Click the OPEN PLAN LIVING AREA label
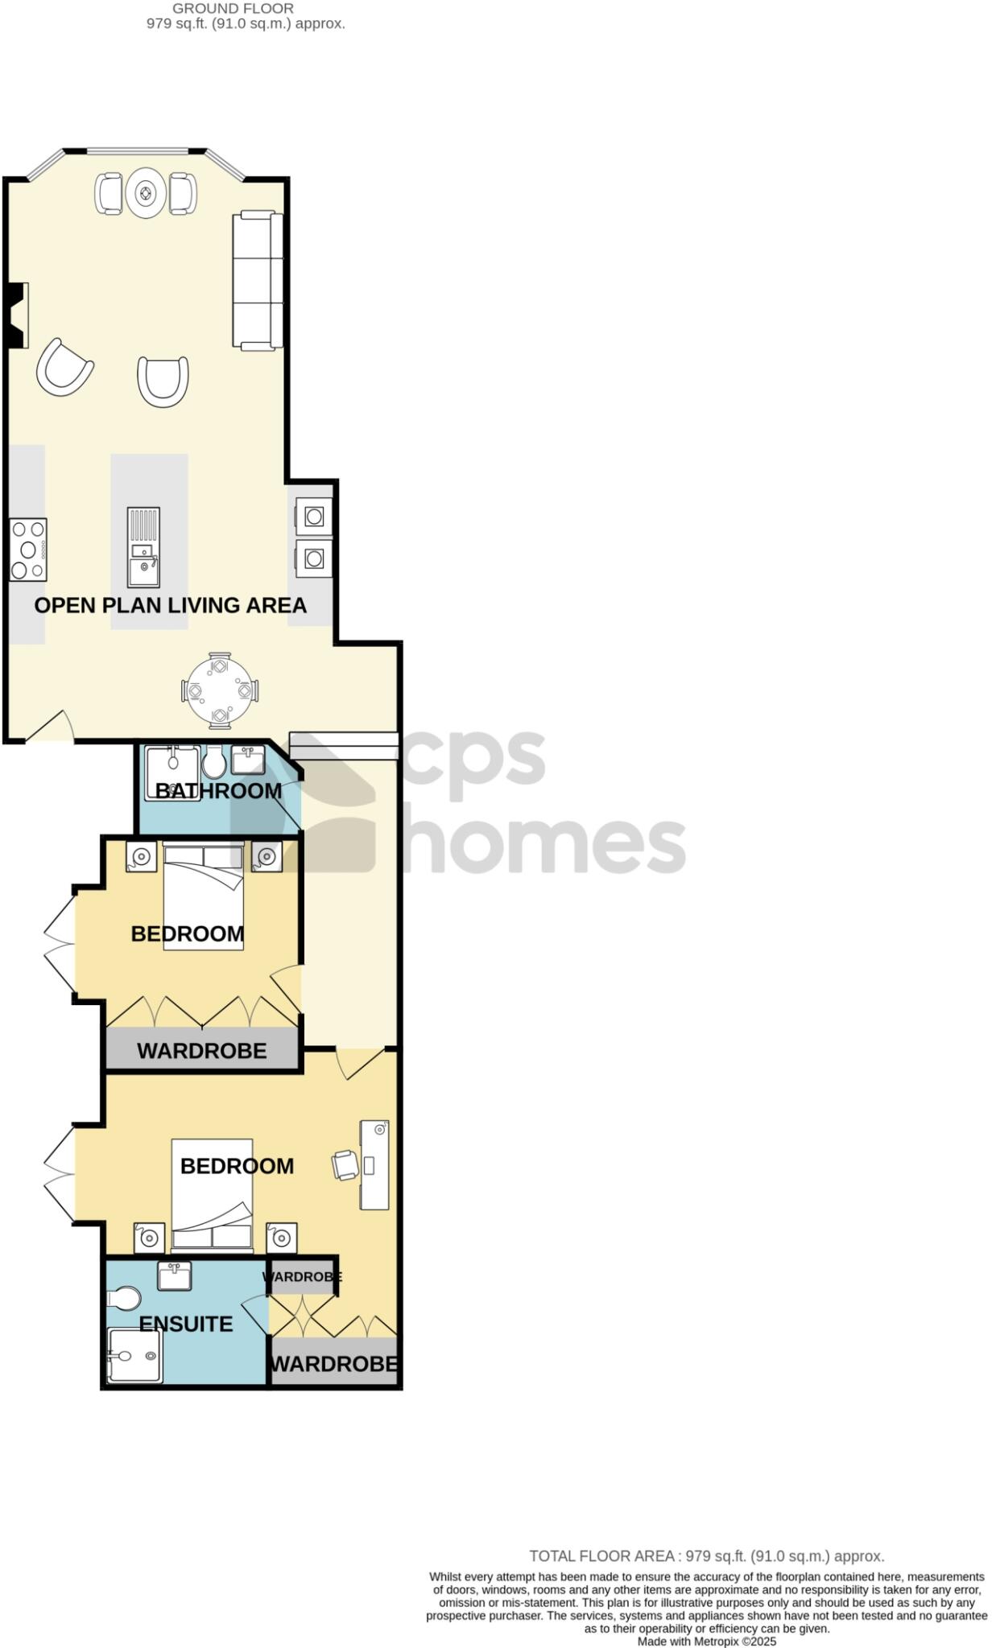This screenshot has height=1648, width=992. [x=170, y=605]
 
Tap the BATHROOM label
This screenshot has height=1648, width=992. [x=218, y=791]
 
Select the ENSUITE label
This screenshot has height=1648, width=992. [x=186, y=1324]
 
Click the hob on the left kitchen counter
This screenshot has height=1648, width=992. [x=28, y=550]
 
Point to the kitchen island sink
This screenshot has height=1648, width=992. [x=144, y=555]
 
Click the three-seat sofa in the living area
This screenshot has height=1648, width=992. [x=258, y=280]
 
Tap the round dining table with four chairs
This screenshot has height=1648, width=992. [x=220, y=691]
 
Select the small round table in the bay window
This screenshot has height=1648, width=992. [x=146, y=193]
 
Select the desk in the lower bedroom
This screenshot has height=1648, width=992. [x=374, y=1164]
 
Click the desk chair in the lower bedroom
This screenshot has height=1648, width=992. [x=345, y=1164]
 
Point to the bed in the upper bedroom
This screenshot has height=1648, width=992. [x=204, y=896]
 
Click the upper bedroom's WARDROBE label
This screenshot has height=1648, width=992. [x=202, y=1051]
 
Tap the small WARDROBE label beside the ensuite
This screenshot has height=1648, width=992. [x=302, y=1277]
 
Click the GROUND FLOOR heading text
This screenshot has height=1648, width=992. [x=234, y=9]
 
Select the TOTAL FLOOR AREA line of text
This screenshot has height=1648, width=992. [x=706, y=1556]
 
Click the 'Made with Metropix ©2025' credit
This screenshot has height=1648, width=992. [x=707, y=1642]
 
